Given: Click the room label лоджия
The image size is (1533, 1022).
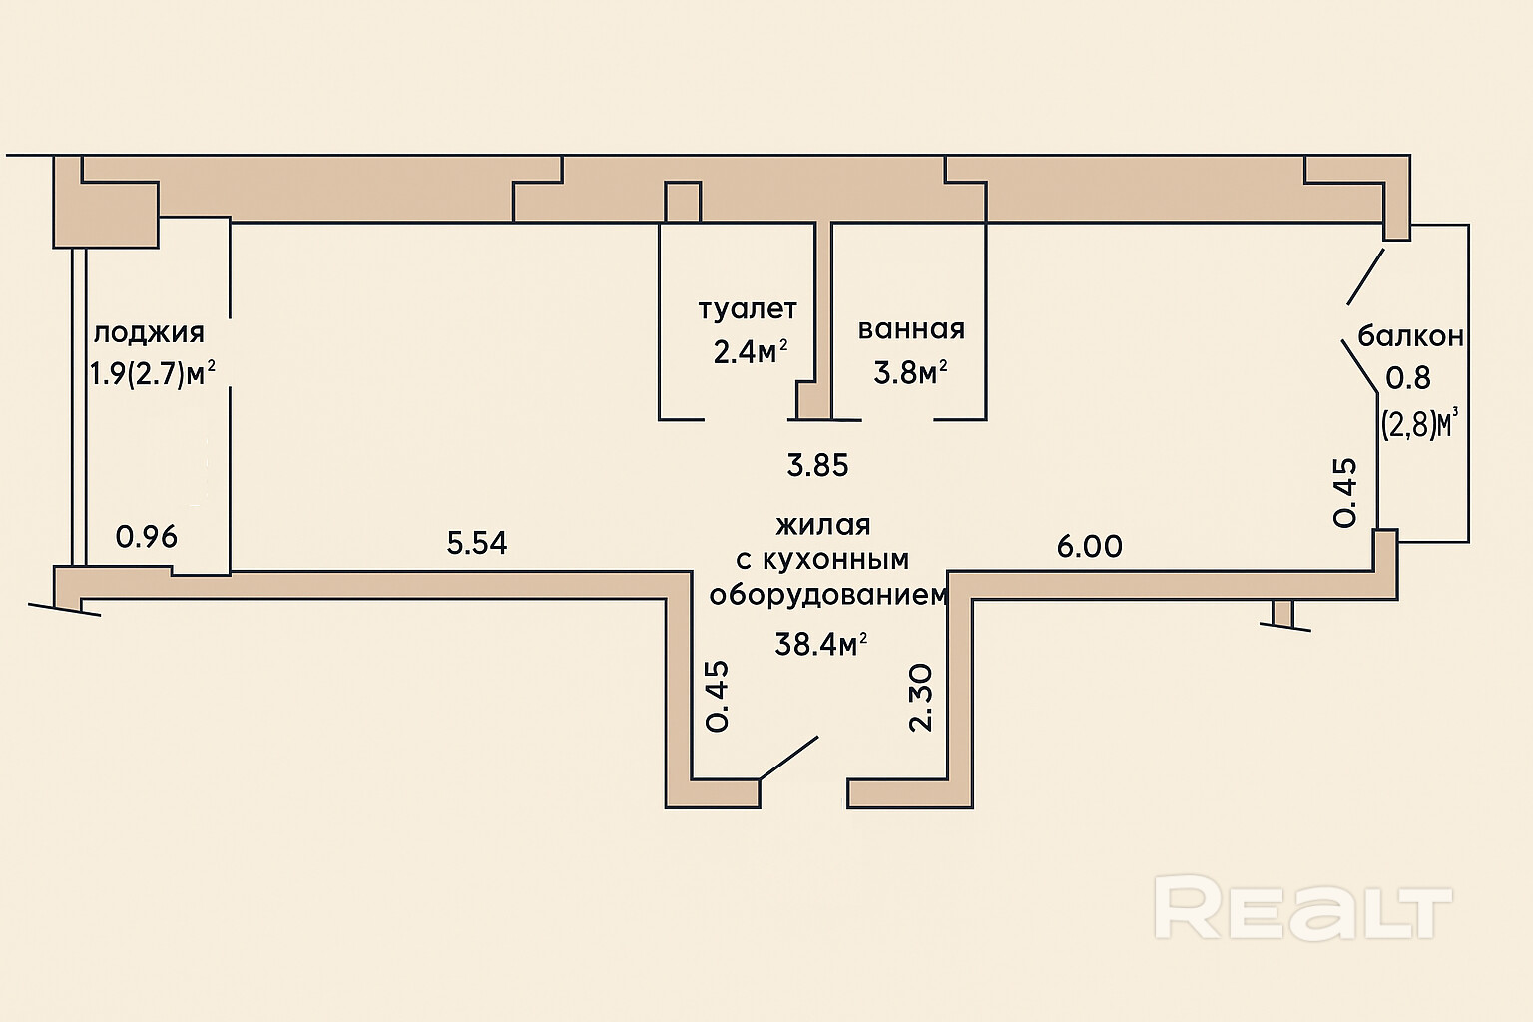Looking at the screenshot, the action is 148,332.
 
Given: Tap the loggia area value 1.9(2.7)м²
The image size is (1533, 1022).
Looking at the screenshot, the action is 153,374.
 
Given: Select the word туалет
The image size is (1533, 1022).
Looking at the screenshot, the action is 748,309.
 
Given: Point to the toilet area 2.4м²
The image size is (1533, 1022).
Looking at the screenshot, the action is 750,351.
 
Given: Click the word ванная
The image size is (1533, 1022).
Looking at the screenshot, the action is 911,329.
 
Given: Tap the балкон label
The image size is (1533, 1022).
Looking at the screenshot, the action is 1410,335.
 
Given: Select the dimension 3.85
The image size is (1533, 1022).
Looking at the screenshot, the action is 817,465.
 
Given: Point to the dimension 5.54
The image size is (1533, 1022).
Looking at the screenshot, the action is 477,543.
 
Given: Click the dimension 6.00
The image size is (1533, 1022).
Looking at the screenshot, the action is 1090,546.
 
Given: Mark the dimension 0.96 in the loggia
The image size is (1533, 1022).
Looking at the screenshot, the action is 147,537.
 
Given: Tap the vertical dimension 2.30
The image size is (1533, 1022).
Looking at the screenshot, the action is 921,698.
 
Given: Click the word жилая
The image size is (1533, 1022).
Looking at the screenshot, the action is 823,525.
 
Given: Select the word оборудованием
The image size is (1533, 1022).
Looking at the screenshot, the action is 827,595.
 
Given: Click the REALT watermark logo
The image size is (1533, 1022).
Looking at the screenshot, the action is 1303,907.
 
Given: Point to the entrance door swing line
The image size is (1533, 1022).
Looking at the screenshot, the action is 789,758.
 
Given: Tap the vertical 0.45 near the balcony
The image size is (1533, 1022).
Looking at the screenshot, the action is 1345,492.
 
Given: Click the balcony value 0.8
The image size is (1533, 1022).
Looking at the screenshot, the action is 1408,378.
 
